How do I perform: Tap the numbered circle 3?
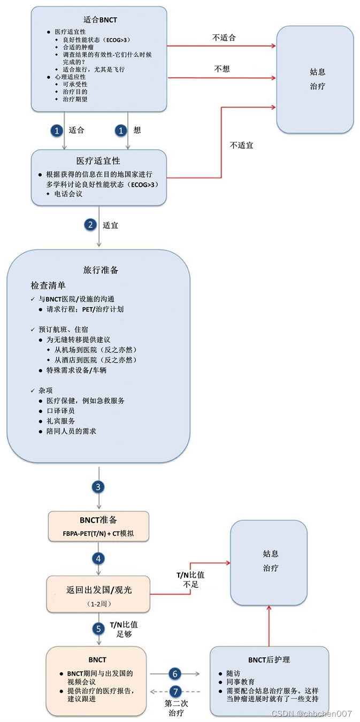pyautogui.click(x=98, y=487)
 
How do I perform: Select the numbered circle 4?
pyautogui.click(x=98, y=558)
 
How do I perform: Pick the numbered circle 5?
pyautogui.click(x=98, y=629)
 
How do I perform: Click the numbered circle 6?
pyautogui.click(x=175, y=674)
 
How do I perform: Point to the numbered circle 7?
pyautogui.click(x=175, y=691)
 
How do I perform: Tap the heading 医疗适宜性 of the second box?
pyautogui.click(x=98, y=160)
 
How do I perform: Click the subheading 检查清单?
pyautogui.click(x=48, y=285)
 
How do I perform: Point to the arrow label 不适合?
pyautogui.click(x=224, y=38)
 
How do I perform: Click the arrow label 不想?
pyautogui.click(x=221, y=69)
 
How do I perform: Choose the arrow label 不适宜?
pyautogui.click(x=242, y=145)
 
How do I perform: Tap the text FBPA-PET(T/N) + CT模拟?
pyautogui.click(x=99, y=533)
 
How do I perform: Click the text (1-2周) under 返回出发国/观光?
pyautogui.click(x=99, y=603)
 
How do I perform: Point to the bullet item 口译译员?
pyautogui.click(x=60, y=411)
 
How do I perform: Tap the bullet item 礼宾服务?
pyautogui.click(x=60, y=421)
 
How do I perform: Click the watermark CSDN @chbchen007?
pyautogui.click(x=311, y=713)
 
